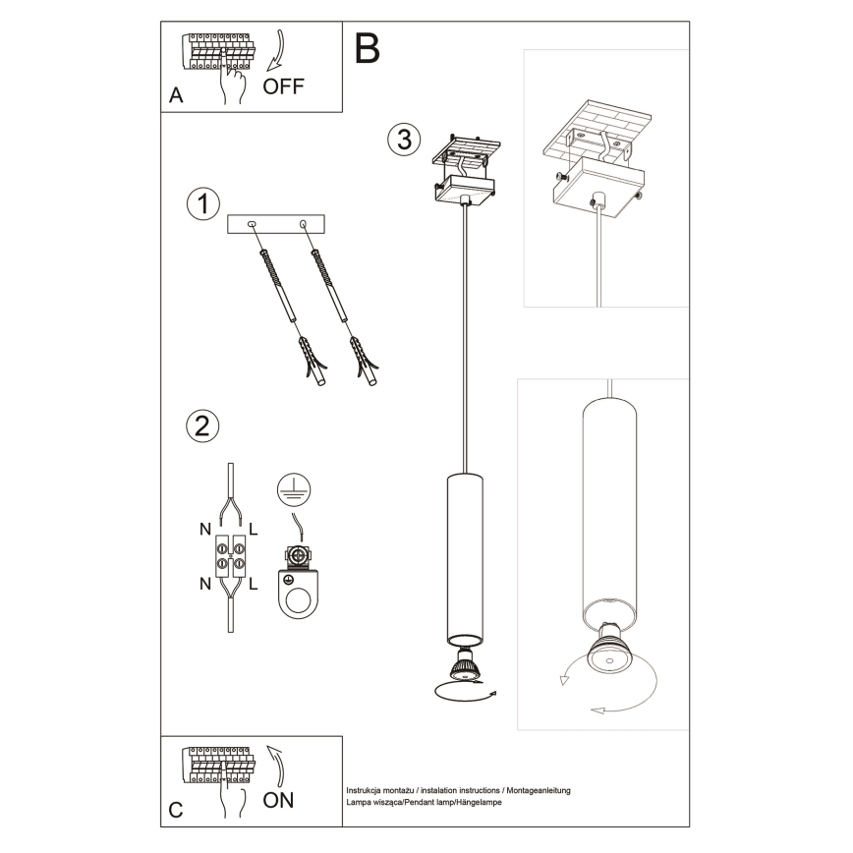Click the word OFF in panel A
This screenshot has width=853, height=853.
(284, 85)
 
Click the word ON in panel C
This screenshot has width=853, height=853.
(278, 799)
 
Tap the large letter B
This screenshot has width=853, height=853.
(367, 48)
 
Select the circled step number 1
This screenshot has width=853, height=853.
(202, 204)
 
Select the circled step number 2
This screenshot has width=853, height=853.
(201, 426)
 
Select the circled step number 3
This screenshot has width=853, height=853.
(401, 139)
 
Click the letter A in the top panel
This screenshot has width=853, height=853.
(176, 95)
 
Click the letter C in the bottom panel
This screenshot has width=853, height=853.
(176, 810)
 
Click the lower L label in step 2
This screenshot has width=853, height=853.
(254, 586)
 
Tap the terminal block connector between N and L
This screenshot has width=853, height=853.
(230, 557)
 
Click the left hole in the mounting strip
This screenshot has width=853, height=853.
(253, 224)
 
